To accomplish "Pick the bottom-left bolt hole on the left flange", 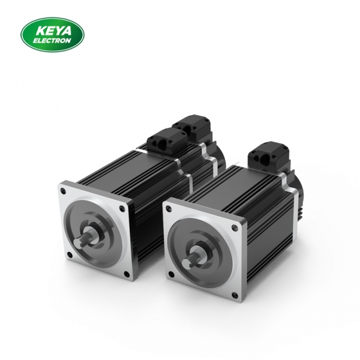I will tap(68, 259).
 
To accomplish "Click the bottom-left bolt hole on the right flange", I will tap(172, 276).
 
